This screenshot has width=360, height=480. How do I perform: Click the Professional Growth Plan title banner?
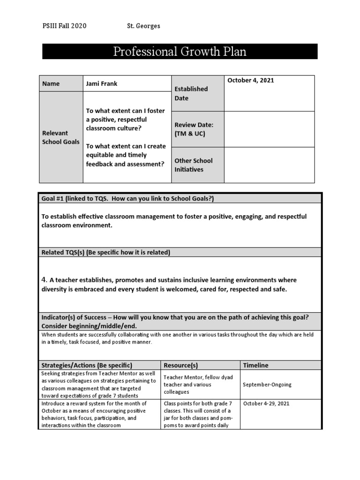click(x=180, y=52)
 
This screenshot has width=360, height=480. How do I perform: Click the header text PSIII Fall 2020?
click(x=64, y=26)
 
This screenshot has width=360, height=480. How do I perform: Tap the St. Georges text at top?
click(x=143, y=26)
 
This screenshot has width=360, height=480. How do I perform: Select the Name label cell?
click(x=51, y=84)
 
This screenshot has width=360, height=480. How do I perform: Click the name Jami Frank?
click(x=102, y=84)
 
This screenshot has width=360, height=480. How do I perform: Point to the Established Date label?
click(x=191, y=93)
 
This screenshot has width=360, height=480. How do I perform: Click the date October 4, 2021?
click(x=250, y=81)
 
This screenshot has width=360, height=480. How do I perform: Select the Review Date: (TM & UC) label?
click(x=194, y=129)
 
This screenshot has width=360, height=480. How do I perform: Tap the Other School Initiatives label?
click(x=193, y=165)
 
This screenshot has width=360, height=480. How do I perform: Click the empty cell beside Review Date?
click(x=270, y=129)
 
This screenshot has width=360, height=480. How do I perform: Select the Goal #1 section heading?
click(x=127, y=199)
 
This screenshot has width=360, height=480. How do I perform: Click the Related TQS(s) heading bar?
click(x=105, y=253)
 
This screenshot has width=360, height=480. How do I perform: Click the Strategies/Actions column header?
click(x=87, y=365)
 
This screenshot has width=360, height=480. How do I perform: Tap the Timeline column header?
click(x=255, y=365)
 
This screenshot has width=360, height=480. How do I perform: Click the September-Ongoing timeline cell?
click(x=267, y=385)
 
